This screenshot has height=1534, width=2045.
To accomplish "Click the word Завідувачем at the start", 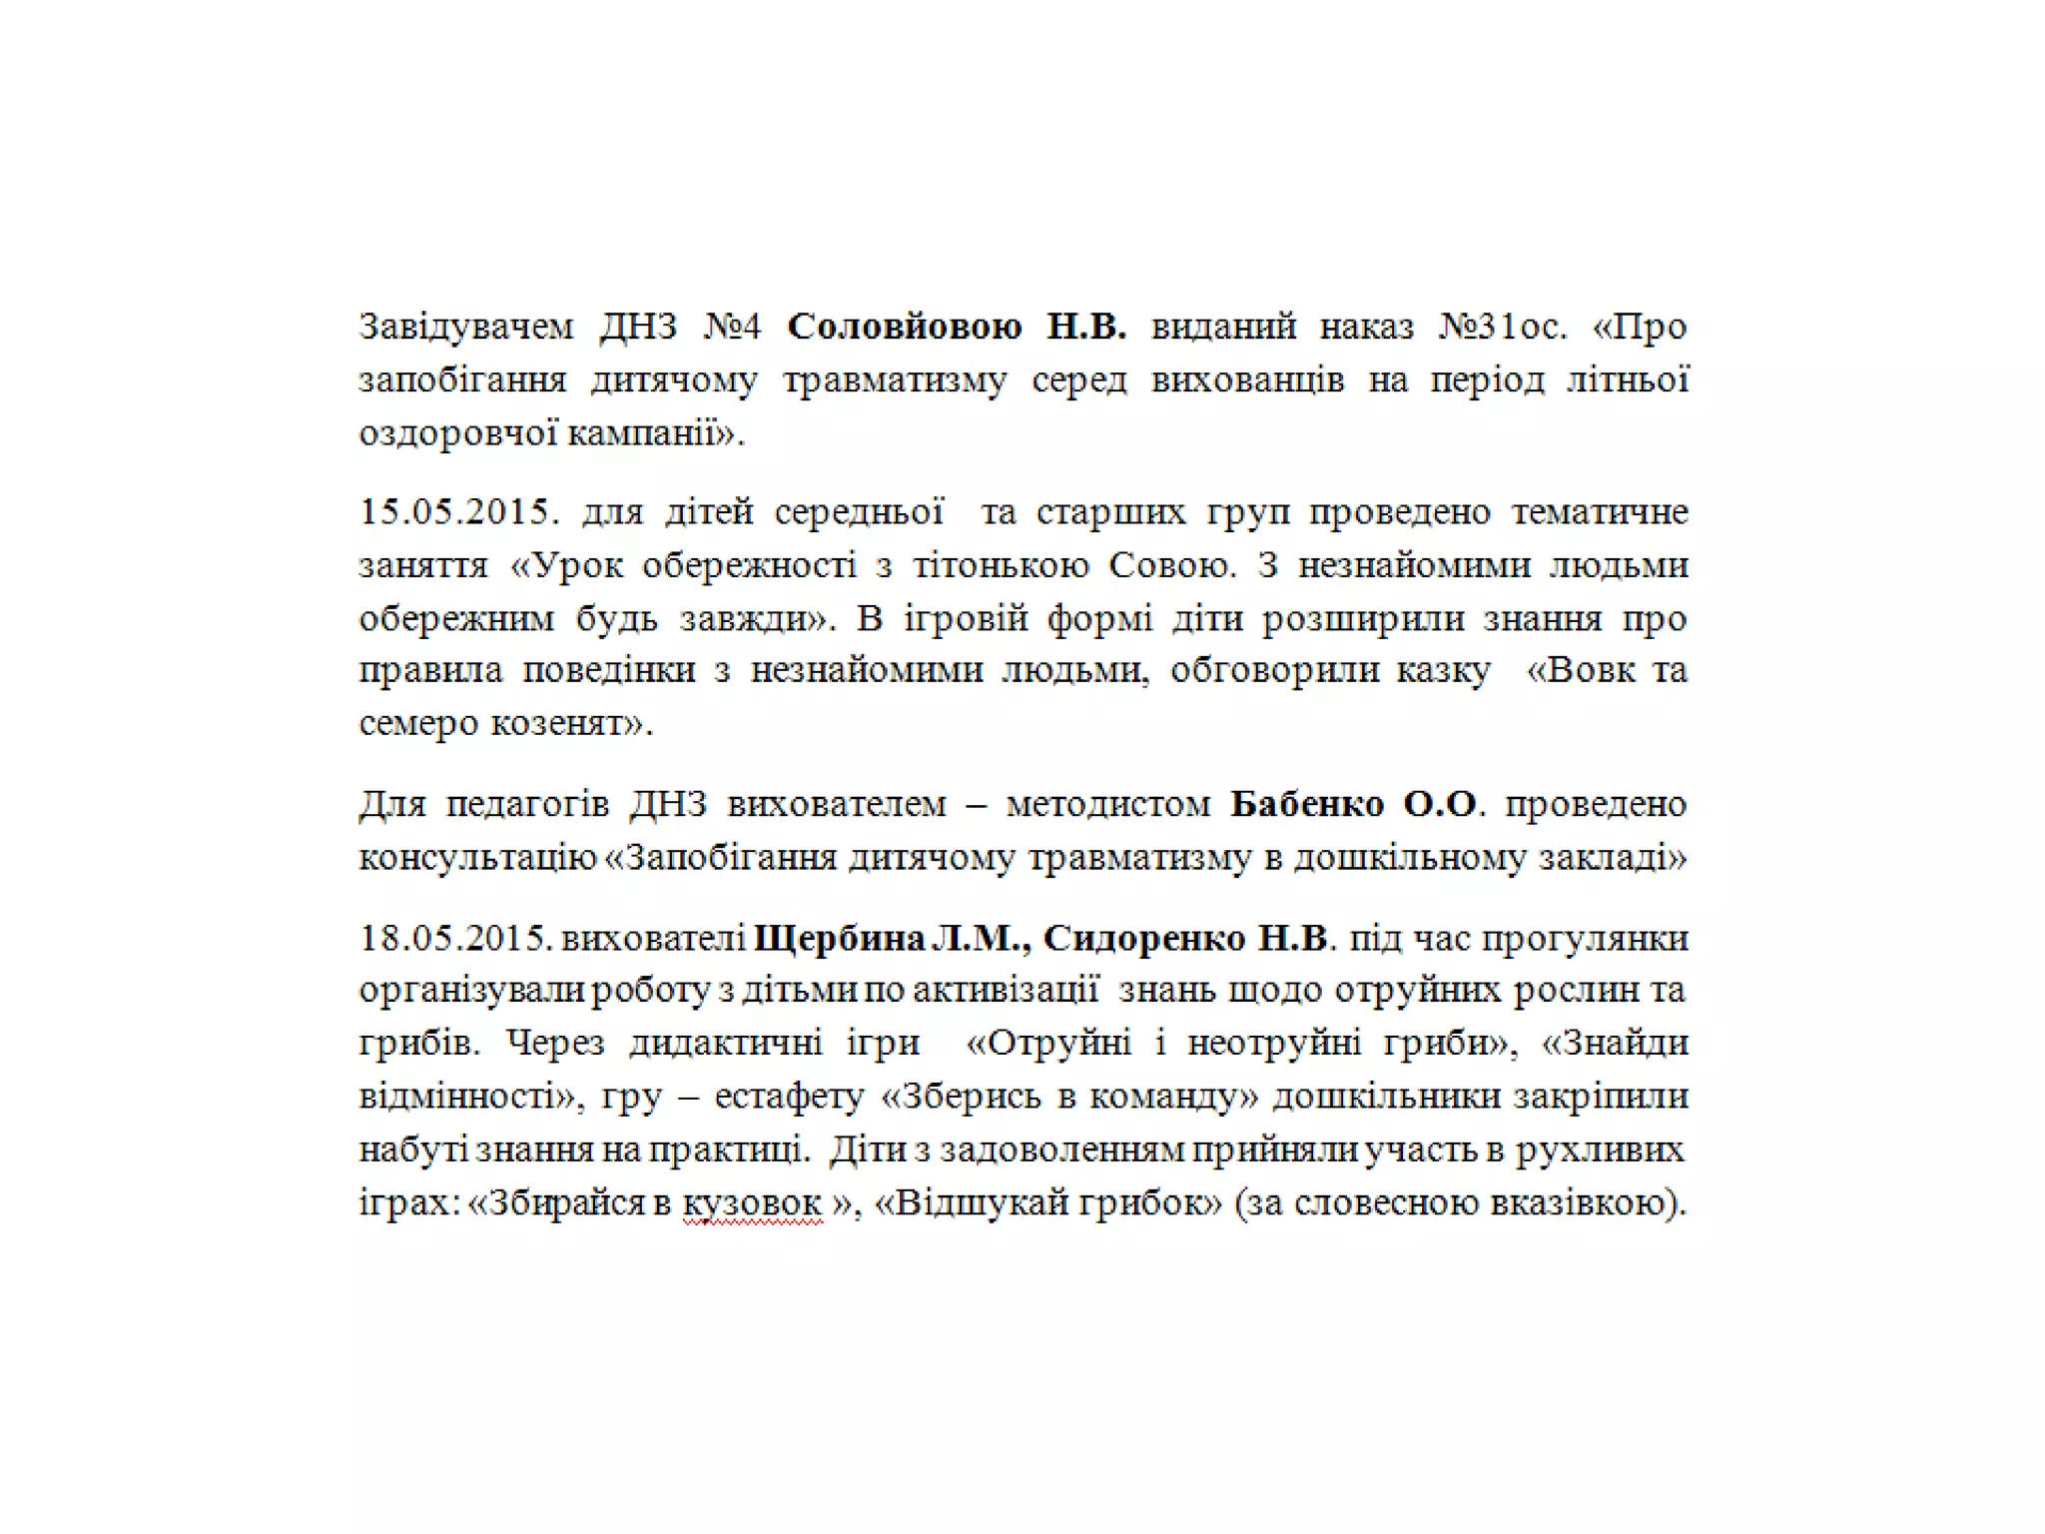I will (466, 328).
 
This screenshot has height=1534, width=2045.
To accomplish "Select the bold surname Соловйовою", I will (904, 328).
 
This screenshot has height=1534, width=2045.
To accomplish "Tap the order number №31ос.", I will (1503, 328).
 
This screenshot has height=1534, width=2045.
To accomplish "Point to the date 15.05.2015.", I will (454, 512).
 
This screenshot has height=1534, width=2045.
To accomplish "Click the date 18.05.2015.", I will (454, 939).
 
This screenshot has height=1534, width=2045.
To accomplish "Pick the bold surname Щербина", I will (840, 939).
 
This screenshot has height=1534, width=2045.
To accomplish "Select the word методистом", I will (1107, 805).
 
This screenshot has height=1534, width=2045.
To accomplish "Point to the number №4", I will (732, 328).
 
